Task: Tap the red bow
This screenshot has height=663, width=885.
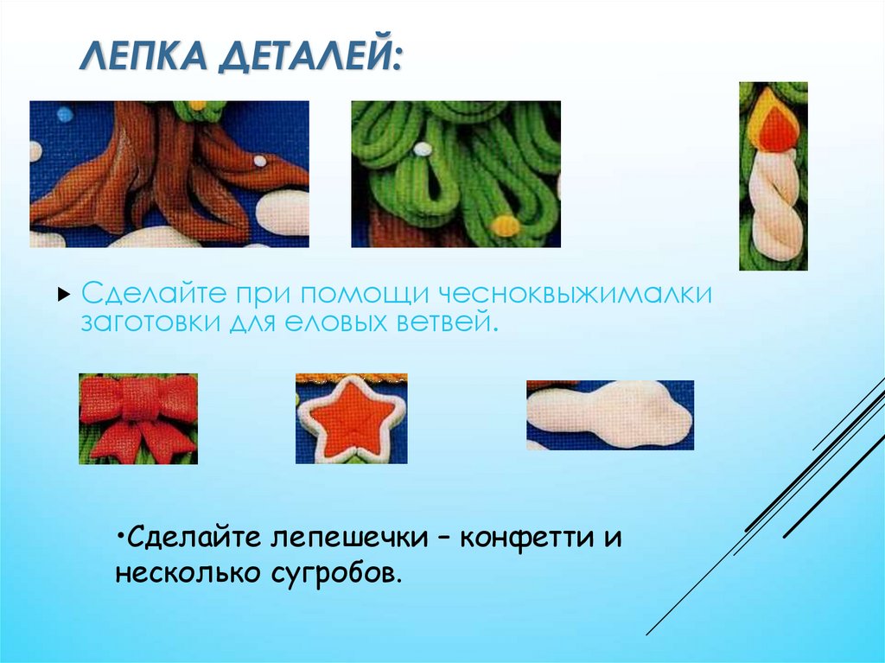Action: point(138,417)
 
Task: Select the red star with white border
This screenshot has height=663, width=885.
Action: point(352,418)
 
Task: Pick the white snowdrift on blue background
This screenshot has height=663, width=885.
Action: point(608,414)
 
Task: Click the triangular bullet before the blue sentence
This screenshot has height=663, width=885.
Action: point(63,295)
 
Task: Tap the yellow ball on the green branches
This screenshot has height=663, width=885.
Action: point(505,226)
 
